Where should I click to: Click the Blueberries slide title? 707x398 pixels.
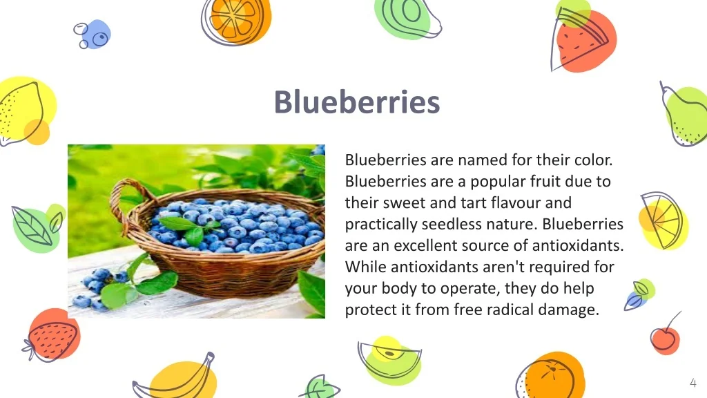click(x=356, y=102)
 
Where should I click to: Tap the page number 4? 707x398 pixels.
click(x=693, y=383)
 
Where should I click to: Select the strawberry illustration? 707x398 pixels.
click(x=53, y=337)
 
